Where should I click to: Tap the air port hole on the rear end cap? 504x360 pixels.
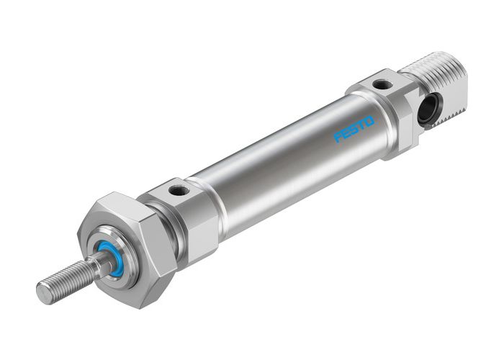[383, 85]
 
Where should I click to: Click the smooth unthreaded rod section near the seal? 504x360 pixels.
[96, 264]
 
